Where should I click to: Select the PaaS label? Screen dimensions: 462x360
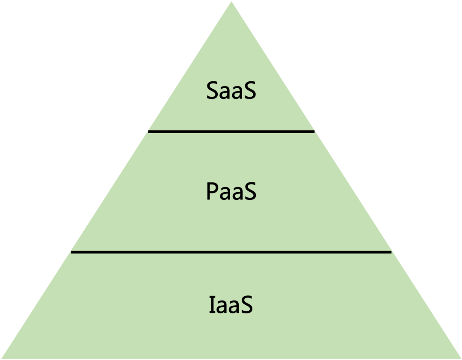[x=231, y=192]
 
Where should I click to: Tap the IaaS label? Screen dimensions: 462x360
[x=231, y=306]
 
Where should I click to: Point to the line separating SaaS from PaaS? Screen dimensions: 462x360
[x=231, y=132]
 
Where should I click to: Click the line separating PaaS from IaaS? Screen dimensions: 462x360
[x=231, y=252]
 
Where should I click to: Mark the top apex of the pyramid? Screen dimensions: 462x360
[x=231, y=2]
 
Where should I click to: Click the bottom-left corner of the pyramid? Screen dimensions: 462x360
[x=2, y=359]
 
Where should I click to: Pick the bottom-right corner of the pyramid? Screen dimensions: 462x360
[x=460, y=359]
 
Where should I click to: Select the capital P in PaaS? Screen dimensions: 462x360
[x=213, y=192]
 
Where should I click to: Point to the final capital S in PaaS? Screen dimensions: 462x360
[x=249, y=192]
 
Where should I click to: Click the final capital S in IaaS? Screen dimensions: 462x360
[x=246, y=306]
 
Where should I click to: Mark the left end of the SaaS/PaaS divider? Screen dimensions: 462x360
[x=149, y=132]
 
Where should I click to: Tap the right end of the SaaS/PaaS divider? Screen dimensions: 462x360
[x=314, y=132]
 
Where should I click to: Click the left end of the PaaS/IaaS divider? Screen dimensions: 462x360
[x=72, y=252]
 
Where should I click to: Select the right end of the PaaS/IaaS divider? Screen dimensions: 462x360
[x=391, y=252]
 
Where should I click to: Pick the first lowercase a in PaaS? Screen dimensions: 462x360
[x=225, y=194]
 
